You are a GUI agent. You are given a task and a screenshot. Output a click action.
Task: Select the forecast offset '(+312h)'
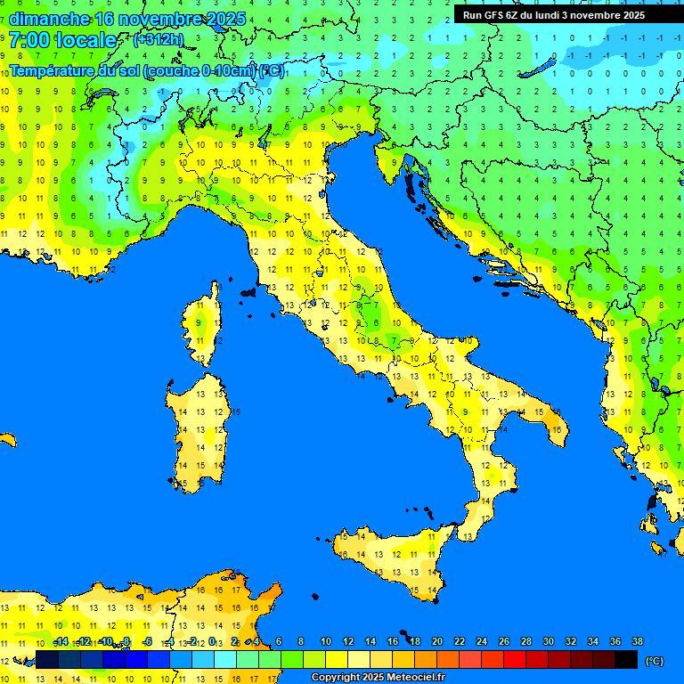click(x=158, y=40)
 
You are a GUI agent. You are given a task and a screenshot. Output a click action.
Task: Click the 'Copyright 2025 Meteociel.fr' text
click(x=378, y=677)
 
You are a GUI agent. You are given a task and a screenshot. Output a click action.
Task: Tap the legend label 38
click(x=638, y=641)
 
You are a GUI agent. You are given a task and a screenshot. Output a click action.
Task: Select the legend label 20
click(x=437, y=641)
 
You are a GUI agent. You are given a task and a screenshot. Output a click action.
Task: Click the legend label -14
click(x=61, y=641)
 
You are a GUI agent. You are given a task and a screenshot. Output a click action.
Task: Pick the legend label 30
click(x=549, y=641)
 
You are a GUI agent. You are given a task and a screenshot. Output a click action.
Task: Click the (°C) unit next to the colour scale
click(x=655, y=660)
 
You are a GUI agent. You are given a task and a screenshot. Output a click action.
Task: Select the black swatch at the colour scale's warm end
click(x=626, y=659)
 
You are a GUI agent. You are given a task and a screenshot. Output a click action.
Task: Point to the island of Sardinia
click(x=198, y=427)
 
